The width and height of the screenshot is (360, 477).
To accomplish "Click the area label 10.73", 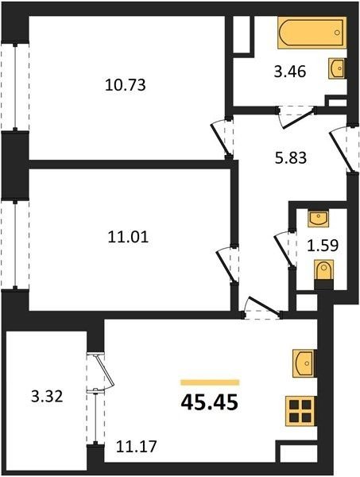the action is click(x=126, y=85).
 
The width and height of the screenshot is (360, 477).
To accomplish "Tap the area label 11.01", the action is click(x=128, y=237).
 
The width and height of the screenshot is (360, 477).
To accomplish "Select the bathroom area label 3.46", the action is click(x=290, y=72).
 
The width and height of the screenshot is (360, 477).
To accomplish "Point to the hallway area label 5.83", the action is click(x=291, y=158).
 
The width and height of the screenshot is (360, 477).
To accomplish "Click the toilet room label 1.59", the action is click(x=323, y=246).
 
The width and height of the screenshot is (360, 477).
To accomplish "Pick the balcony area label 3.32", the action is click(x=47, y=397).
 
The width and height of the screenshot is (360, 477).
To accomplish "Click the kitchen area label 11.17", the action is click(x=137, y=447).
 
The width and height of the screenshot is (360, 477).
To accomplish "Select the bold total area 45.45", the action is click(x=210, y=403).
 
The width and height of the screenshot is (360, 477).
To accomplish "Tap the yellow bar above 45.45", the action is click(x=210, y=382).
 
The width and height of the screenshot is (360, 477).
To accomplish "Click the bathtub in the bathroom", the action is click(x=312, y=33).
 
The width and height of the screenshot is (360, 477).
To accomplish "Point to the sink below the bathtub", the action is click(x=338, y=68).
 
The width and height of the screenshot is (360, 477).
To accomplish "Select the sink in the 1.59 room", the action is click(x=318, y=219).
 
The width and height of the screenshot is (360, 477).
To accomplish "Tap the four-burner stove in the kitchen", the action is click(x=300, y=411).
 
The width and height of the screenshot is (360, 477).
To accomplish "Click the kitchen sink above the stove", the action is click(x=304, y=363).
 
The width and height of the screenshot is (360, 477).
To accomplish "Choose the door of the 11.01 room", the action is click(x=227, y=264).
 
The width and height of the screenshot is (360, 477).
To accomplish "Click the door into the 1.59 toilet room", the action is click(x=285, y=248).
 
